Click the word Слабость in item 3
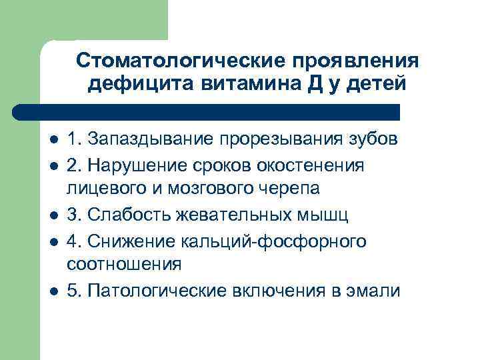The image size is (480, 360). coord(131,215)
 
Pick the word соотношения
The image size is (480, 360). coord(124,264)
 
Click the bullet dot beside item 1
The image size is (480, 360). coord(53,141)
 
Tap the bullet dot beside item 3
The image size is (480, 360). coord(53,216)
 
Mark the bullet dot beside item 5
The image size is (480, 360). coord(53,291)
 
